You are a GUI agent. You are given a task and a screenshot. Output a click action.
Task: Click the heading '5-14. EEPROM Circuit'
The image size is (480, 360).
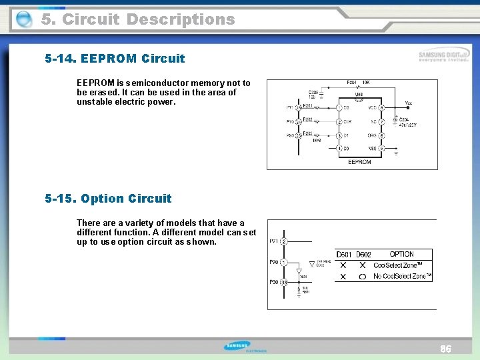(x=115, y=59)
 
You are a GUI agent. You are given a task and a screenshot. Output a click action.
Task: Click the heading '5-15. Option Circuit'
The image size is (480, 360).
(x=108, y=199)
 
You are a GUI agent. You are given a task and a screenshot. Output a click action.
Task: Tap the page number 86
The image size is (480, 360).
(x=445, y=349)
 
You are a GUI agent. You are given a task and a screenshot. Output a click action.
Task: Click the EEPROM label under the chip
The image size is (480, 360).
(x=359, y=162)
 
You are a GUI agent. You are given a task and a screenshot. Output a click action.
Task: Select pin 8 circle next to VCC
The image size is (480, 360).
(x=381, y=107)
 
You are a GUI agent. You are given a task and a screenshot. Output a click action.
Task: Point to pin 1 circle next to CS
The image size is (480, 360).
(x=339, y=107)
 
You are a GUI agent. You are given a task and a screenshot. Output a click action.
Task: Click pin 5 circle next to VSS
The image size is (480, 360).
(x=381, y=148)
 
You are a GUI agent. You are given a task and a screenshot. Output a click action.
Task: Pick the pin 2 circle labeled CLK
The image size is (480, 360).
(x=339, y=122)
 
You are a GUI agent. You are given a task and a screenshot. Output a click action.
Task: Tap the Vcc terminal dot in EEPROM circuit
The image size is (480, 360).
(x=408, y=108)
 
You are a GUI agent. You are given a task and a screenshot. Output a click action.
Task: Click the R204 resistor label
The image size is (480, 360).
(x=352, y=83)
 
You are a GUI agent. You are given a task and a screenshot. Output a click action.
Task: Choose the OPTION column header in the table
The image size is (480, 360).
(x=401, y=254)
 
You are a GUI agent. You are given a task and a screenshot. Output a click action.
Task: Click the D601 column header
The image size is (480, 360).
(x=344, y=254)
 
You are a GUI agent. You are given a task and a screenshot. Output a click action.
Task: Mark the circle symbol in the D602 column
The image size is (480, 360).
(x=362, y=276)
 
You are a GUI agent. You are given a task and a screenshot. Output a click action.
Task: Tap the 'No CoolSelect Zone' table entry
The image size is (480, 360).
(x=402, y=276)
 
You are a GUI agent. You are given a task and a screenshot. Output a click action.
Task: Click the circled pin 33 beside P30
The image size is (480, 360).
(x=283, y=283)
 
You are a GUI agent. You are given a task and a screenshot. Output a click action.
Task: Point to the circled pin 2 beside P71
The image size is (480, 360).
(x=283, y=241)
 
